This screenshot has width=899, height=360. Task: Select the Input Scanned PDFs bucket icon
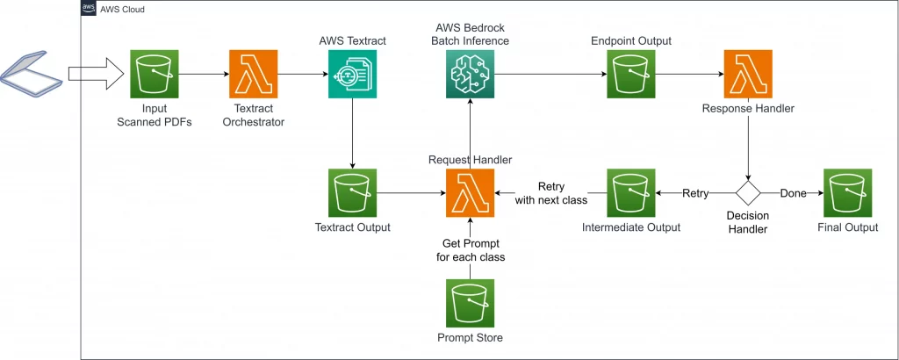[155, 75]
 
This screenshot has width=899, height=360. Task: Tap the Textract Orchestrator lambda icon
[253, 75]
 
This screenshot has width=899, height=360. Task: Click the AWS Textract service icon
[352, 75]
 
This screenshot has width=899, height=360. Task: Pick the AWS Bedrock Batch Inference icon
[470, 75]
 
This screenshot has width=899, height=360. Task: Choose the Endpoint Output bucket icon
[631, 75]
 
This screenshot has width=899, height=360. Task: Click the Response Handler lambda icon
[747, 75]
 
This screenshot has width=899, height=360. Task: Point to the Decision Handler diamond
[747, 192]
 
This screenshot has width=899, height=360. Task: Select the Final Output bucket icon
[847, 193]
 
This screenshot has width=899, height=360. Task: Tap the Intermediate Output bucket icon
[631, 193]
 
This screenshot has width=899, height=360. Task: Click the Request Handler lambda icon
[470, 193]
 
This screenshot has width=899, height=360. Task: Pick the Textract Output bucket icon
[352, 193]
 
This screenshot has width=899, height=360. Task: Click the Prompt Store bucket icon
[470, 303]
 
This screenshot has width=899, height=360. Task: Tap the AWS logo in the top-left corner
[89, 9]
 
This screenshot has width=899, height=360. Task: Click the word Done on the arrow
[793, 193]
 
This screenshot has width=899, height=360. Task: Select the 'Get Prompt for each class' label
[471, 250]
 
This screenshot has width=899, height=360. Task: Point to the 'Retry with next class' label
[552, 193]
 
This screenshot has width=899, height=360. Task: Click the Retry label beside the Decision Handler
[695, 193]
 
